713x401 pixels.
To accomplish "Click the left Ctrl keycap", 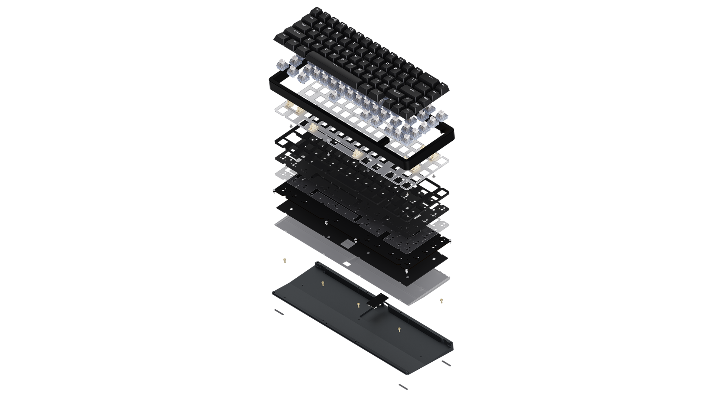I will [x=285, y=35].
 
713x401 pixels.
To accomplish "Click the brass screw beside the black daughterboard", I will [x=358, y=305].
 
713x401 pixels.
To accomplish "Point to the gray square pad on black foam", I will [x=347, y=244].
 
